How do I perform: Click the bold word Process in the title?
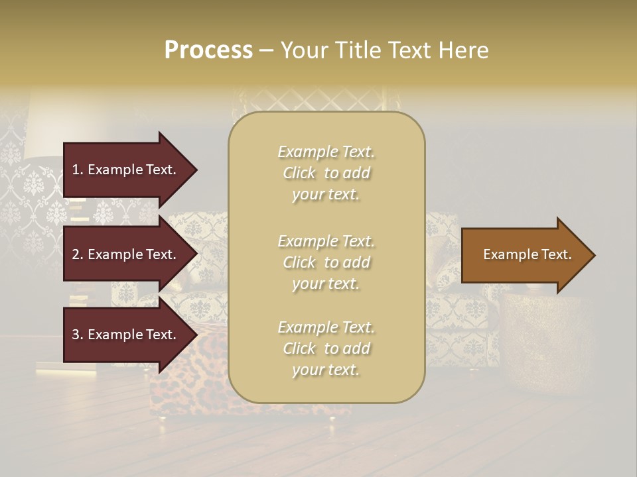click(208, 50)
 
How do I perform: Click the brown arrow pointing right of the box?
click(524, 255)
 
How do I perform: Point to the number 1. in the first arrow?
click(78, 170)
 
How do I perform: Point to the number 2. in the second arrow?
click(78, 254)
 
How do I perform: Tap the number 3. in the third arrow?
click(78, 335)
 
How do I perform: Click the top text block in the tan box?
click(326, 173)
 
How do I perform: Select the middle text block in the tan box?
click(326, 262)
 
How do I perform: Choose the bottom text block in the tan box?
click(326, 348)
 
